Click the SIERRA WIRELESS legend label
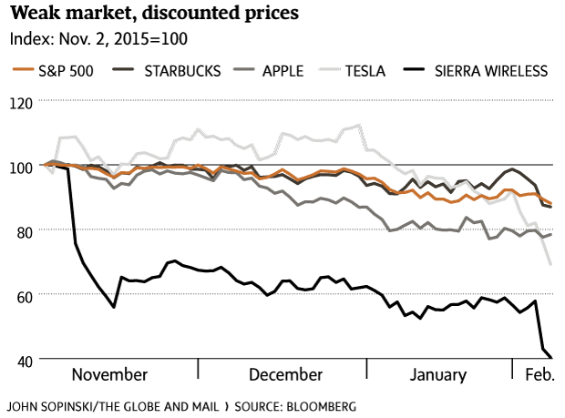tap(491, 69)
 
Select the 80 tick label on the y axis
tap(22, 231)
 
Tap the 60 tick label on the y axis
tap(22, 296)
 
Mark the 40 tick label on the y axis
tap(22, 361)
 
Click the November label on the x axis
tap(109, 375)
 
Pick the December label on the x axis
tap(284, 375)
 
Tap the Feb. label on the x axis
tap(534, 375)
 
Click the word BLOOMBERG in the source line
tap(319, 404)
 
